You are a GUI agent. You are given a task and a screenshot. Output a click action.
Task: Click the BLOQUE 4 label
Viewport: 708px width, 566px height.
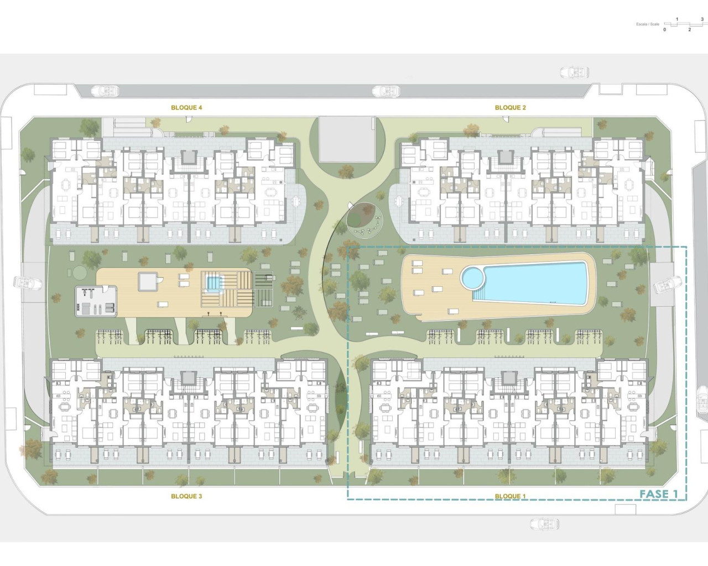point(186,108)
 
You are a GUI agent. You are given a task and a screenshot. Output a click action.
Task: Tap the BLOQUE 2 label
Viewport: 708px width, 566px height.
point(510,108)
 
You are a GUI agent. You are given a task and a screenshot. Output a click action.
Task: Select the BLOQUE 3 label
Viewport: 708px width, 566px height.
point(186,496)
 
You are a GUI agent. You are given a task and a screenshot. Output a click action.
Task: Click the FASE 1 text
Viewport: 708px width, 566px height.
point(659,494)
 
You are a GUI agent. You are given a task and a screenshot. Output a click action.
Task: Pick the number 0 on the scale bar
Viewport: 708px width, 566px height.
point(665,30)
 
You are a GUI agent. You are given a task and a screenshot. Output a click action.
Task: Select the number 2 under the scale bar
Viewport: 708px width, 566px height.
point(689,30)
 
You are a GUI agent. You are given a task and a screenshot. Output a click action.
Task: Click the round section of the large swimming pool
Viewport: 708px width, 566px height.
point(473,277)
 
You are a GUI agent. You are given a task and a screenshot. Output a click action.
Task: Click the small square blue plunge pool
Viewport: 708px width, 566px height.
point(212,284)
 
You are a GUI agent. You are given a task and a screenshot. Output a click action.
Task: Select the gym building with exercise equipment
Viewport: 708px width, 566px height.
point(97,301)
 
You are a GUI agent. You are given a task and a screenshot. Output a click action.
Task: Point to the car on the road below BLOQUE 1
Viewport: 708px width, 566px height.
point(544,523)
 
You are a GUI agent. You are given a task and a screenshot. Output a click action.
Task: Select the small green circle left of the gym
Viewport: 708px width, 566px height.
point(79,272)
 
